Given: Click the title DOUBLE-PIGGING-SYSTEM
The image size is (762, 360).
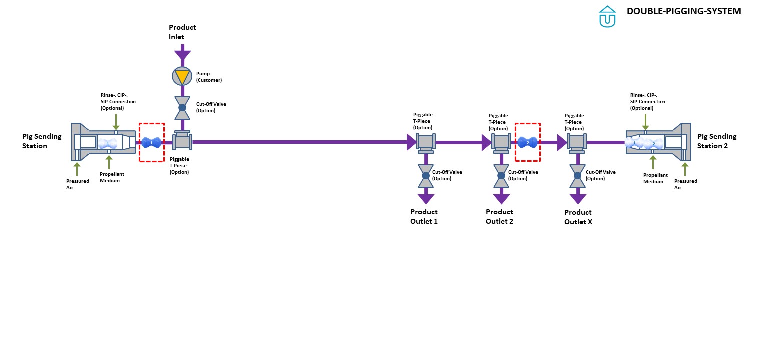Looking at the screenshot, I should tap(684, 11).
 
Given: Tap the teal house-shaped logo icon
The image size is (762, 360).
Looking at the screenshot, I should tap(607, 16).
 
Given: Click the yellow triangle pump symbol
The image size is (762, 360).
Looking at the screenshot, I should tap(182, 76).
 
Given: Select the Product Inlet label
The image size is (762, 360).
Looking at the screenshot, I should tap(182, 32).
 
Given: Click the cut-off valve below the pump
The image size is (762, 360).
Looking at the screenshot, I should tap(182, 108).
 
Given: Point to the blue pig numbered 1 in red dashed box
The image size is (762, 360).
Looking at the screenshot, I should tap(151, 142).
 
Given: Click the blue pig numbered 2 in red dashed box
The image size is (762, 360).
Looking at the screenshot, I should tap(528, 142).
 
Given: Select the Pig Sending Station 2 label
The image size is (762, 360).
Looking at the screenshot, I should tap(717, 141).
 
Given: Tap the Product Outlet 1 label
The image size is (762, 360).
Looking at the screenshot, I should tap(424, 216).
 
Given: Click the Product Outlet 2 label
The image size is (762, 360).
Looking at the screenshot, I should tap(499, 216).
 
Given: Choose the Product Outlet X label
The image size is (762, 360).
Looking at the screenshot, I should tap(578, 217).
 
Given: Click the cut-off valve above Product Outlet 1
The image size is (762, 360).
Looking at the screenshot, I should tap(426, 175).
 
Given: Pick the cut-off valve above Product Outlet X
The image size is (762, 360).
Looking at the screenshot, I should tap(578, 175).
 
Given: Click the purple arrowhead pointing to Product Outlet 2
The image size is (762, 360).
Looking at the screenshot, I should tap(502, 199).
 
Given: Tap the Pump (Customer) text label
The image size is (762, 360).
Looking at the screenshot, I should tap(209, 76).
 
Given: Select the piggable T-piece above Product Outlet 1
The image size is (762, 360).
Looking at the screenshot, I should tap(426, 143).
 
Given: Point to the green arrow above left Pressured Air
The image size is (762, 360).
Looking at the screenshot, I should tap(77, 168).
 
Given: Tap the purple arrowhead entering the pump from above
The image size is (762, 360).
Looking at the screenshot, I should tap(182, 55).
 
